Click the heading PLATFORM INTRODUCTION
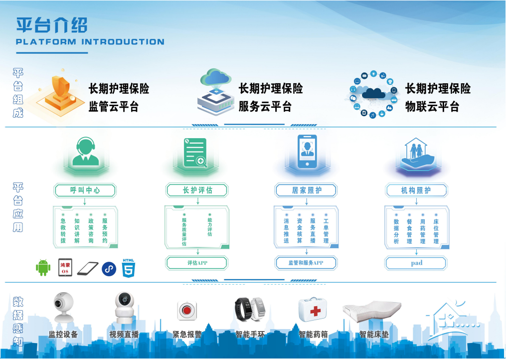click(90, 42)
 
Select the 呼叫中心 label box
click(85, 190)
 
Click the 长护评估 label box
click(197, 190)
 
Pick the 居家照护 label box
click(306, 190)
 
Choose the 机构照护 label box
click(416, 190)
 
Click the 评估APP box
click(197, 263)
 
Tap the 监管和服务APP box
click(306, 263)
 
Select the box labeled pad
click(416, 263)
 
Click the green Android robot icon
click(43, 268)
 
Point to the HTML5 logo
click(129, 268)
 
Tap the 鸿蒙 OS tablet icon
click(65, 268)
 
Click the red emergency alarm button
click(186, 311)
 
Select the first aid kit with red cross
click(313, 310)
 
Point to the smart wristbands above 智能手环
click(250, 309)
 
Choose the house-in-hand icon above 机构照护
click(417, 155)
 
